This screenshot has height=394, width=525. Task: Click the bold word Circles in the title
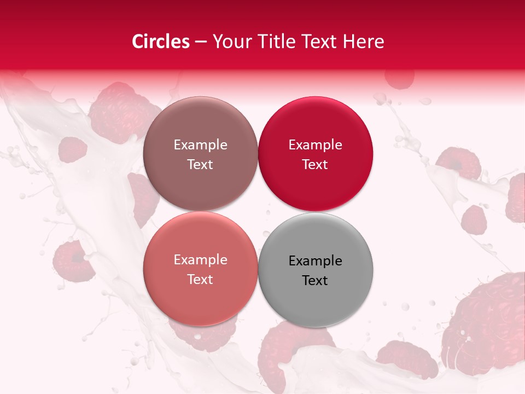point(161,42)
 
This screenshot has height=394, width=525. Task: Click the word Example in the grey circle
point(315,261)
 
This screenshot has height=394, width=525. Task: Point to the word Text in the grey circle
point(315,280)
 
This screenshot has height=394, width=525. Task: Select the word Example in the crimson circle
point(315,145)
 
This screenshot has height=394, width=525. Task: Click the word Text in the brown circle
point(200,164)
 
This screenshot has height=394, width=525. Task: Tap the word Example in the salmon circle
point(200,260)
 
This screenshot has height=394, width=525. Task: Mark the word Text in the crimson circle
point(315,164)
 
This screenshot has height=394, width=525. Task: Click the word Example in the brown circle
point(200,145)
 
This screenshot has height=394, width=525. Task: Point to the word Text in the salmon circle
point(200,279)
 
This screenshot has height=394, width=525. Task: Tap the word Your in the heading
point(230,42)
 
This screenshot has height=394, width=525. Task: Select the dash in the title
point(201,42)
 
